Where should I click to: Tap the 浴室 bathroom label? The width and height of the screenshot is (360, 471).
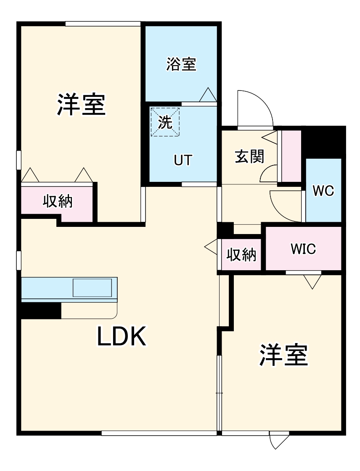point(181,64)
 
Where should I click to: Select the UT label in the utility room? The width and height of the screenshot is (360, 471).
point(183,160)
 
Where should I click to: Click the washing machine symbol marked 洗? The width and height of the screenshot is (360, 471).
point(165,122)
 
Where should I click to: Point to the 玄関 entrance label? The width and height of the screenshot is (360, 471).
point(249,157)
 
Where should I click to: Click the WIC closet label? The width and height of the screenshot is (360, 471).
point(303,249)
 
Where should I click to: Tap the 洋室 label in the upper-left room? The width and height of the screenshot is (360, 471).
point(81,105)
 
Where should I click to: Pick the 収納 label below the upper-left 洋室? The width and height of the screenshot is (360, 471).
point(58,202)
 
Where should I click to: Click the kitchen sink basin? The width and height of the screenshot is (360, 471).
point(93,288)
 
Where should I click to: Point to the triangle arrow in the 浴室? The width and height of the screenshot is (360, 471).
point(208,95)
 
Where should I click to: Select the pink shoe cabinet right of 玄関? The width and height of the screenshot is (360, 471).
point(291,156)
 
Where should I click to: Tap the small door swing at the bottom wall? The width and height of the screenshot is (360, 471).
point(278,440)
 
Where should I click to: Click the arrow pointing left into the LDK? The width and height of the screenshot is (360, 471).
point(211,247)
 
